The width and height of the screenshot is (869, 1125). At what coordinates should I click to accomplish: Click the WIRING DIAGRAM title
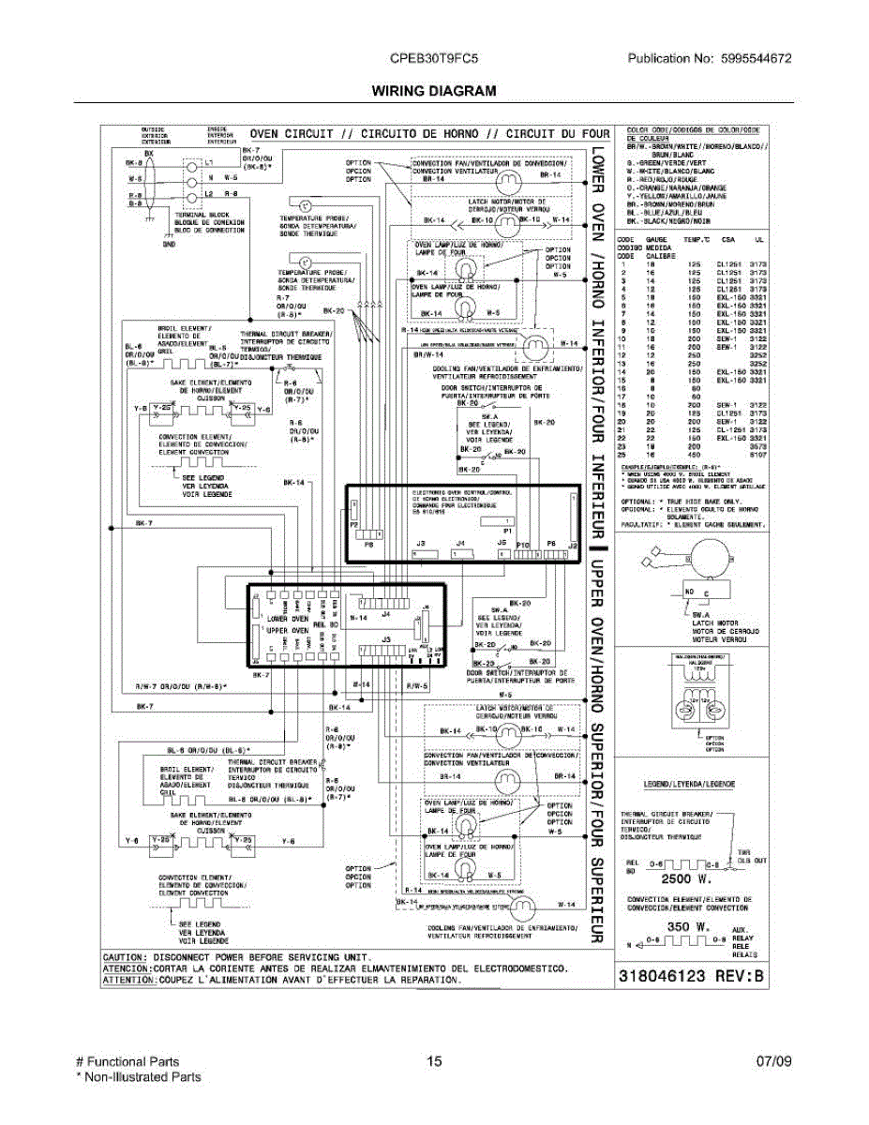(433, 91)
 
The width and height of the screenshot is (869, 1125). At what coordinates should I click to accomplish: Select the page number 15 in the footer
(433, 1062)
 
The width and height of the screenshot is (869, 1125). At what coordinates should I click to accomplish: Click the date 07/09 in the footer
(774, 1062)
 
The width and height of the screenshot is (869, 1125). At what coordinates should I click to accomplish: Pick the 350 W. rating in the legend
(686, 927)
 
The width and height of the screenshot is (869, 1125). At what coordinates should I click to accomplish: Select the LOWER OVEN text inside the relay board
(288, 619)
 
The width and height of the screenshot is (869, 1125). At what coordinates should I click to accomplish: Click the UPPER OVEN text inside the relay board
(288, 631)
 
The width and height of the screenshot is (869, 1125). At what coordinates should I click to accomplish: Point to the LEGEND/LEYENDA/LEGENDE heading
(689, 783)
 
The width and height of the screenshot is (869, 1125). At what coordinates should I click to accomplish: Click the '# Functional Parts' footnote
(127, 1062)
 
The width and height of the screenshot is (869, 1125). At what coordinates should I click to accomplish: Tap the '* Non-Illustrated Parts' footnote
(138, 1077)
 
